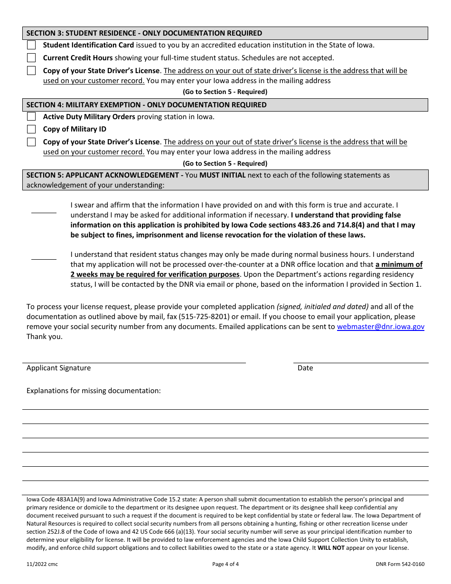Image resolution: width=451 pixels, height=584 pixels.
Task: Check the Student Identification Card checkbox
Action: coord(31,45)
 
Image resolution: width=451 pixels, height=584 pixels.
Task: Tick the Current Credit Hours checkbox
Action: coord(31,58)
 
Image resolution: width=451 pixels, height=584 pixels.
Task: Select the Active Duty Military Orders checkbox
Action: coord(31,117)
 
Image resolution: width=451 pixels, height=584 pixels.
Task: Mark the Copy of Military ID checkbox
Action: coord(31,129)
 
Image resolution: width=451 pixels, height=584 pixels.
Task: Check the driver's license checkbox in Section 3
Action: coord(31,71)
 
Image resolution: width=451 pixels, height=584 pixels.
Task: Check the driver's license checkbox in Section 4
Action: coord(31,142)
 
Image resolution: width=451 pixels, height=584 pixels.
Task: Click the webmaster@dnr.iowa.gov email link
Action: coord(380,327)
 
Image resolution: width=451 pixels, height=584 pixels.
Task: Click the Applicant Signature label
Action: coord(58,368)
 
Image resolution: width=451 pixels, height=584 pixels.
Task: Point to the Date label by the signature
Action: coord(305,368)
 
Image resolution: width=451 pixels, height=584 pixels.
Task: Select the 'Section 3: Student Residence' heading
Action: coord(144,33)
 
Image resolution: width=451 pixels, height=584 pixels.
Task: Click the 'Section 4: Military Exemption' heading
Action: coord(146,105)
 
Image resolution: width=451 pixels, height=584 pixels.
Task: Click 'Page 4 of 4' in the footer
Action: coord(225,565)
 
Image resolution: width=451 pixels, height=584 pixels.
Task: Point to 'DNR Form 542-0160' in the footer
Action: coord(400,565)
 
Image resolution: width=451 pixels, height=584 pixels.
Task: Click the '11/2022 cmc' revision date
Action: coord(42,565)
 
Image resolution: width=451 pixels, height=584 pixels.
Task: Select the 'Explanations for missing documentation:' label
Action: coord(94,391)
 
